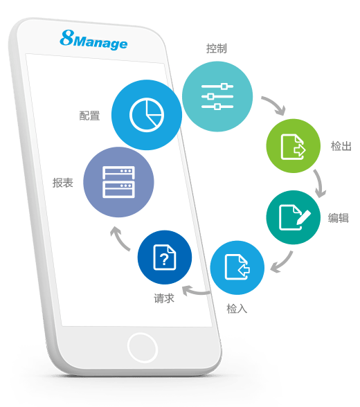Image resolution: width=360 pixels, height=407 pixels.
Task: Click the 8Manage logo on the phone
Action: pos(93,40)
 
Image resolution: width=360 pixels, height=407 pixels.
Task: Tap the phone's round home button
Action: pos(143,347)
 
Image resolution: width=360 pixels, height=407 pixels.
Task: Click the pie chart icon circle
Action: pos(147,115)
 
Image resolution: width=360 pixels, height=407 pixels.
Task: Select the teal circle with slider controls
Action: pos(217,96)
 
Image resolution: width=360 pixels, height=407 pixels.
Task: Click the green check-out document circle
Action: pos(294,146)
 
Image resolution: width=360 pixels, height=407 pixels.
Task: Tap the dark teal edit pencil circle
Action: pos(294,217)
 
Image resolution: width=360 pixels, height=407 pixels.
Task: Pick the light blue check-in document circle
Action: pos(237,268)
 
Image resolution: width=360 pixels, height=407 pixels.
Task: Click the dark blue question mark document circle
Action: pos(165,257)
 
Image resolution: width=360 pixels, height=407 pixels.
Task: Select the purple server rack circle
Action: pos(118,182)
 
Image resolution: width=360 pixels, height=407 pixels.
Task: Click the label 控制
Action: pos(217,48)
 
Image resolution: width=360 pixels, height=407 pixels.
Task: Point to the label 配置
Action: pos(89,116)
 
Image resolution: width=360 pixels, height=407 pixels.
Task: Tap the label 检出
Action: pos(341,146)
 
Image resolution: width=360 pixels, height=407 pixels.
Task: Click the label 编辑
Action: pos(339,218)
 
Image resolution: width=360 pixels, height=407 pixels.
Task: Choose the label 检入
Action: pos(237,309)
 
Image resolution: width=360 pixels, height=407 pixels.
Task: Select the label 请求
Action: pos(164,298)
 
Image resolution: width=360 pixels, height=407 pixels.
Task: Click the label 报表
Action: pos(63,183)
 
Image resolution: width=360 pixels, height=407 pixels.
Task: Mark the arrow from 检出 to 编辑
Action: pos(321,183)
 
